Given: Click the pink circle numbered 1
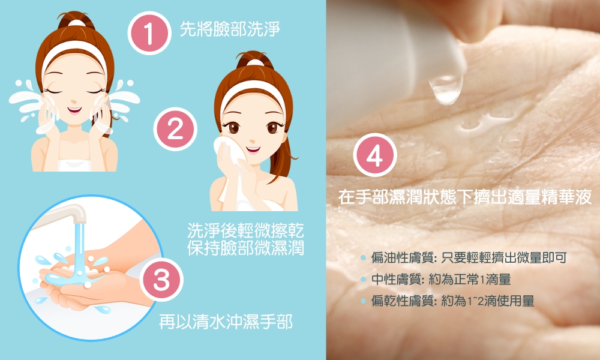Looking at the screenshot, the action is pyautogui.click(x=149, y=33).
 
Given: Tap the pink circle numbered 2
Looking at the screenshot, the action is pyautogui.click(x=175, y=129).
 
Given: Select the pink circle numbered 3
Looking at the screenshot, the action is pyautogui.click(x=161, y=280).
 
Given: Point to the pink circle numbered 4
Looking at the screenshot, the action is pyautogui.click(x=374, y=155).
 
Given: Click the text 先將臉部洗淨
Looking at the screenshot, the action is pyautogui.click(x=230, y=29).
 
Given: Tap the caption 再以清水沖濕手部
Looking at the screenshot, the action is pyautogui.click(x=226, y=322).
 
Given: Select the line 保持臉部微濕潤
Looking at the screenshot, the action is pyautogui.click(x=245, y=248).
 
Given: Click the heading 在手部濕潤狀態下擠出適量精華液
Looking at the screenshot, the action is pyautogui.click(x=465, y=197).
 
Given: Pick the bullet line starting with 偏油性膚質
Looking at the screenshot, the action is pyautogui.click(x=463, y=258).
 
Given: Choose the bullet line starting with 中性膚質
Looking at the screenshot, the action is pyautogui.click(x=436, y=279).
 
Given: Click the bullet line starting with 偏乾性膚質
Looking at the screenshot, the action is pyautogui.click(x=448, y=301).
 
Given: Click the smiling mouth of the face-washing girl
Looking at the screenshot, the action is pyautogui.click(x=74, y=110).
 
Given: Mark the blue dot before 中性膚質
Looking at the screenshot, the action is pyautogui.click(x=364, y=280).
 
